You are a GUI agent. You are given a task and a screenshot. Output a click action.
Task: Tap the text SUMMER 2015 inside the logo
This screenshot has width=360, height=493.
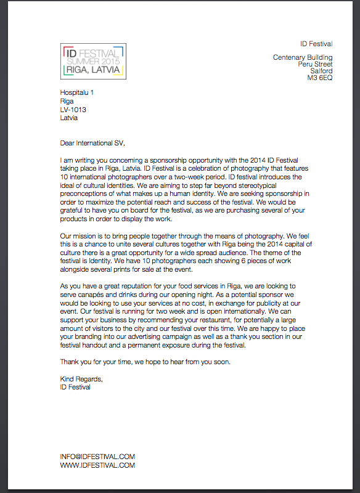[x=94, y=62]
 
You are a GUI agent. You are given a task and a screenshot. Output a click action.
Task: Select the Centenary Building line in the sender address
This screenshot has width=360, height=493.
[x=303, y=57]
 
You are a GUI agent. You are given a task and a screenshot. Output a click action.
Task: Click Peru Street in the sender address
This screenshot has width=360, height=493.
[x=315, y=64]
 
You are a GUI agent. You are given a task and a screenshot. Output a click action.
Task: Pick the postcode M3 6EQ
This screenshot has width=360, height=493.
[x=320, y=78]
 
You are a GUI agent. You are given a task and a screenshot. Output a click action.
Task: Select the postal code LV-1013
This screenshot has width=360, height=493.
[x=73, y=110]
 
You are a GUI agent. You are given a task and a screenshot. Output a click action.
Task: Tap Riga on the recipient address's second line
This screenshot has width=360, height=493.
[x=67, y=101]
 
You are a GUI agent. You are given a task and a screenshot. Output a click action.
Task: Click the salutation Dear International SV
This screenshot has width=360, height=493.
[x=92, y=143]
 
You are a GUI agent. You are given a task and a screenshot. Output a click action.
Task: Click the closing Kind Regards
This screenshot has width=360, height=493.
[x=81, y=378]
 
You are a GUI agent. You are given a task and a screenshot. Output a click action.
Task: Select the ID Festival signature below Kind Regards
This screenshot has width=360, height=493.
[x=75, y=387]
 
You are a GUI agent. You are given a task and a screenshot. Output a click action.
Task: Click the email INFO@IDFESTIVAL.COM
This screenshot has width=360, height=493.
[x=97, y=457]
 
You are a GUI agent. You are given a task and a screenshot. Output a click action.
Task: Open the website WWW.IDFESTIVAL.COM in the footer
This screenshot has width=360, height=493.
[x=97, y=465]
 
